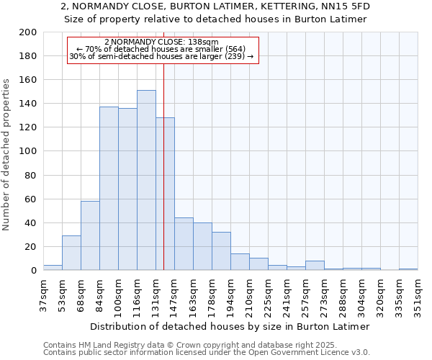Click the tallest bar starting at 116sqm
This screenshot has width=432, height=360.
point(146,180)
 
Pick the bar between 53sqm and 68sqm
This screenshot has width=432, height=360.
point(71,253)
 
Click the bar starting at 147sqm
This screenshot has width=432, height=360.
point(184,244)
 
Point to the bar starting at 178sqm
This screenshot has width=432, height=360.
point(221,251)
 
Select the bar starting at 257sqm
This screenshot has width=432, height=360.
point(315,266)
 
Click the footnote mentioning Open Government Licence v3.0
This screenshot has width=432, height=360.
point(207,353)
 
